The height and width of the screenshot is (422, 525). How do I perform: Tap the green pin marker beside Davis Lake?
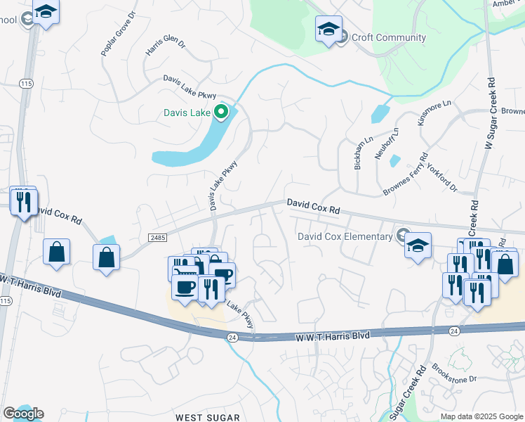[x=222, y=112]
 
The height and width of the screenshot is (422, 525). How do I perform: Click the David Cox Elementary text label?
[x=345, y=236]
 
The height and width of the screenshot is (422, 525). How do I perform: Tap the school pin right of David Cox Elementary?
[x=418, y=246]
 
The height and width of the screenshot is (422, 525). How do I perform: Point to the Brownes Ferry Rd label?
[x=406, y=176]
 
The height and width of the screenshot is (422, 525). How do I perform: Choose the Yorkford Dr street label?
[x=442, y=179]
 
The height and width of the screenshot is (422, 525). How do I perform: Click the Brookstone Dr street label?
[x=454, y=373]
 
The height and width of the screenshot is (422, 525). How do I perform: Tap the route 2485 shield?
[x=158, y=238]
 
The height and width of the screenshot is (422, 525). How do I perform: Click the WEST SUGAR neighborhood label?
[x=208, y=417]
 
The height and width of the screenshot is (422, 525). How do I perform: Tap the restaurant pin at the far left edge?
[x=23, y=202]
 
